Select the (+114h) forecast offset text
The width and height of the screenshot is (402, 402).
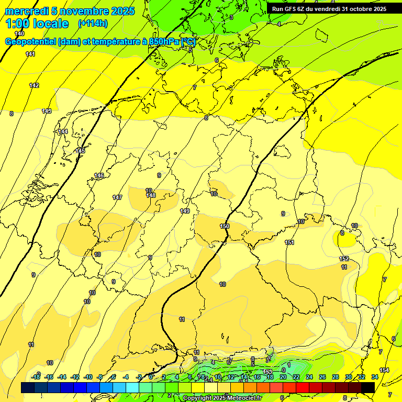point(93,24)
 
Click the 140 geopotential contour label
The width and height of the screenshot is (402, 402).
point(19,33)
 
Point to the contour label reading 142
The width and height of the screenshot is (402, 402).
point(34,85)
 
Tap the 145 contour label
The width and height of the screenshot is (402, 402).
point(80,151)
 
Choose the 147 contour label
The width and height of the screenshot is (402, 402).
point(117,197)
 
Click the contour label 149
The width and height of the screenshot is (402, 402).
point(185,211)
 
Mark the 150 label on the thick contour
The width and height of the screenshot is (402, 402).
point(225,226)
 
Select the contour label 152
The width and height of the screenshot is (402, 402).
point(344,259)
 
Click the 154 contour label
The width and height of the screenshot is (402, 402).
point(384,370)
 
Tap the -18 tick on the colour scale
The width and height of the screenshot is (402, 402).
point(36,377)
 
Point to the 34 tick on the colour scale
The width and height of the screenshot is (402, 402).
point(375,377)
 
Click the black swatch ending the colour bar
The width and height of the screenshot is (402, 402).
point(368,387)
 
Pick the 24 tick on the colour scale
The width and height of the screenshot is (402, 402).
point(309,377)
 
